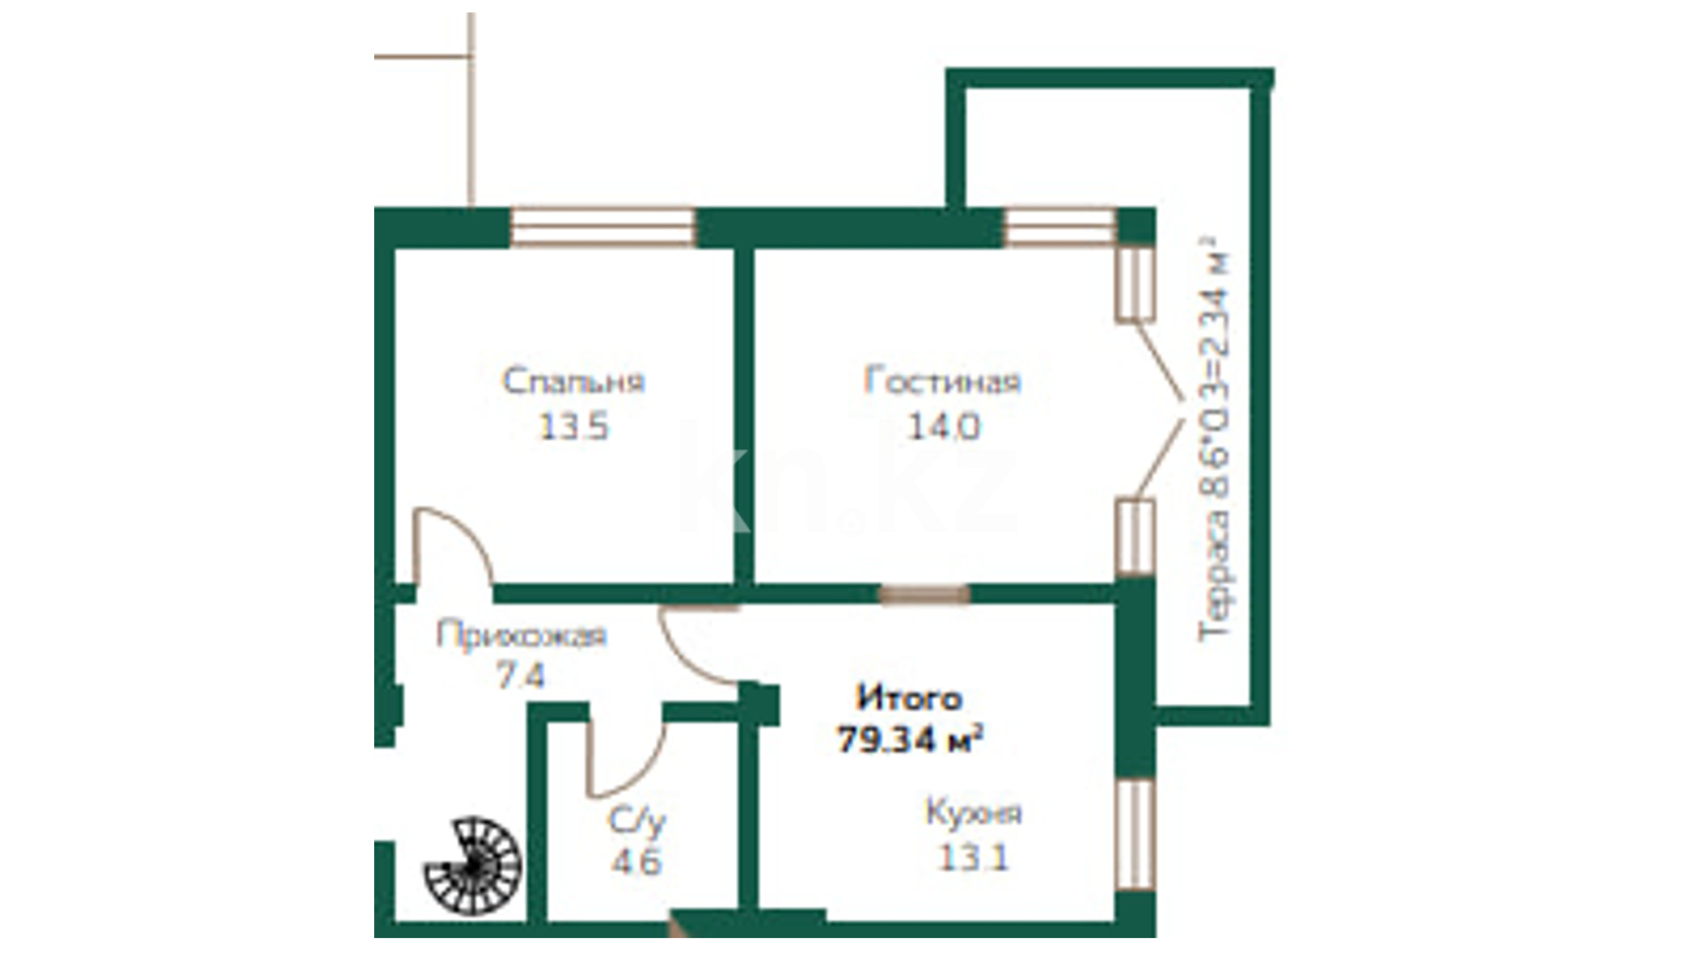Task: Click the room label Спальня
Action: (573, 382)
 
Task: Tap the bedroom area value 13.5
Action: (574, 428)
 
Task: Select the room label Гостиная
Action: (942, 381)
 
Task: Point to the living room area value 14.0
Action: (944, 428)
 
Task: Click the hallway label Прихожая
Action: (521, 636)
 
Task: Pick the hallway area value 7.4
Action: (520, 676)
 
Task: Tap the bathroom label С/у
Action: (636, 821)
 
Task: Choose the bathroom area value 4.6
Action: (636, 861)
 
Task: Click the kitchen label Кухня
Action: (973, 813)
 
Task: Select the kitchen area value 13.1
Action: (973, 858)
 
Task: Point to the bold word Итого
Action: (909, 699)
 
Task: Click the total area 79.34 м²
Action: (910, 739)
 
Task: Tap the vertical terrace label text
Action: (1214, 438)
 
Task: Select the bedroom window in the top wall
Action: (603, 227)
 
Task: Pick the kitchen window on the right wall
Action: (1135, 834)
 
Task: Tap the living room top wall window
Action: (1059, 227)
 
